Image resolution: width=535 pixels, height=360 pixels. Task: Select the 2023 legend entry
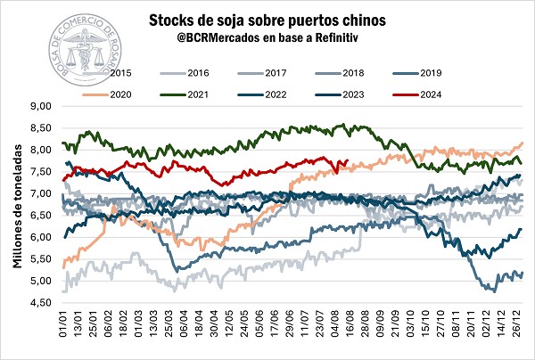360,93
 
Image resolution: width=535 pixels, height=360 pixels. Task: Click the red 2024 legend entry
441,93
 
